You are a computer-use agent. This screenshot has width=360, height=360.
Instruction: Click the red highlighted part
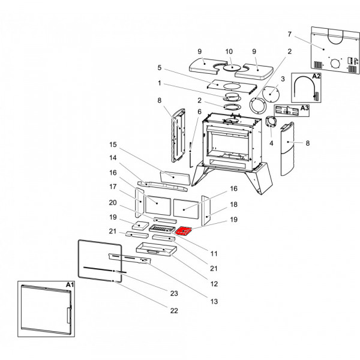(x=184, y=230)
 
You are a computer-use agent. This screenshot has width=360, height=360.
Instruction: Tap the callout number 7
(x=289, y=34)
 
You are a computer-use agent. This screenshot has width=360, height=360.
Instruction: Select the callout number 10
(x=229, y=52)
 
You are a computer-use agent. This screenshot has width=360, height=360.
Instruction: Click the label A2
(x=316, y=77)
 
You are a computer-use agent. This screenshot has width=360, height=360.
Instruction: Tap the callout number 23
(x=174, y=293)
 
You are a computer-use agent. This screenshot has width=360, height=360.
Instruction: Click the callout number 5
(x=160, y=68)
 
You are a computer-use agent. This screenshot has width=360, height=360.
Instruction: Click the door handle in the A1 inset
(x=69, y=314)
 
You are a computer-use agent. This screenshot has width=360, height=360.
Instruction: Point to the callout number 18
(x=233, y=204)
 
